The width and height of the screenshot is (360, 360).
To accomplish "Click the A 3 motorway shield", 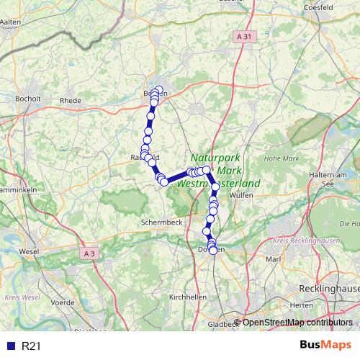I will [89, 253].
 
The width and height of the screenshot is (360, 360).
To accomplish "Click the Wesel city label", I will [29, 252].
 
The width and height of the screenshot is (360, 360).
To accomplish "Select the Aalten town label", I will [11, 22].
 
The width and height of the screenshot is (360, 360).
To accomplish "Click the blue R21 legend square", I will [10, 346].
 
